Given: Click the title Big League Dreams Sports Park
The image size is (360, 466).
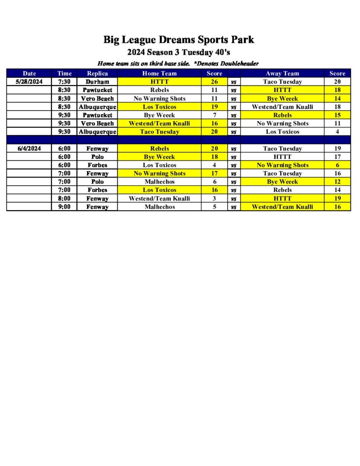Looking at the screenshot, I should (178, 40).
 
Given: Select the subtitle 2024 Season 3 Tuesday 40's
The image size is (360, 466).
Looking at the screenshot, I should (178, 52).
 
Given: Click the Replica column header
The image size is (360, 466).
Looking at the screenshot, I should (97, 73).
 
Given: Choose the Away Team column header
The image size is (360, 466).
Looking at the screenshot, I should (282, 73).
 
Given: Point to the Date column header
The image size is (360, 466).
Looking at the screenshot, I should (30, 73).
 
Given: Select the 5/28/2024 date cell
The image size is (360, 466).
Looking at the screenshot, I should (30, 82).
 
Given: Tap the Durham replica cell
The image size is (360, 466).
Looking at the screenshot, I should (97, 82).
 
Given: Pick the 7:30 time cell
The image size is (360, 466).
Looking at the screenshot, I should (64, 82).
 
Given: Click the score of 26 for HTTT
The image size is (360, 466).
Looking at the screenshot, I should (214, 82).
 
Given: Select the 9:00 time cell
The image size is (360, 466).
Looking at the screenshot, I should (64, 207).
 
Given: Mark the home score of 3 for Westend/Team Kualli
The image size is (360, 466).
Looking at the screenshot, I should (214, 198).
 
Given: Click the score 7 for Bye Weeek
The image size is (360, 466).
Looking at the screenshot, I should (214, 115).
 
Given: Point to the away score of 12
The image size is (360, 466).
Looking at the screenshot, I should (337, 182).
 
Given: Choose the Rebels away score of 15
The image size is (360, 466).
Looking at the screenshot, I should (337, 115).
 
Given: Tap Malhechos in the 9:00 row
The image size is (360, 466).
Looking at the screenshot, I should (159, 207).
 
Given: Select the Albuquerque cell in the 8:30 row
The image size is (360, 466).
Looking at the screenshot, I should (97, 107).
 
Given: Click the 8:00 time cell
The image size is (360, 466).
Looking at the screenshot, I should (64, 198).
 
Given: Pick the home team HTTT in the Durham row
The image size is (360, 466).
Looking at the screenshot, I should (159, 82).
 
